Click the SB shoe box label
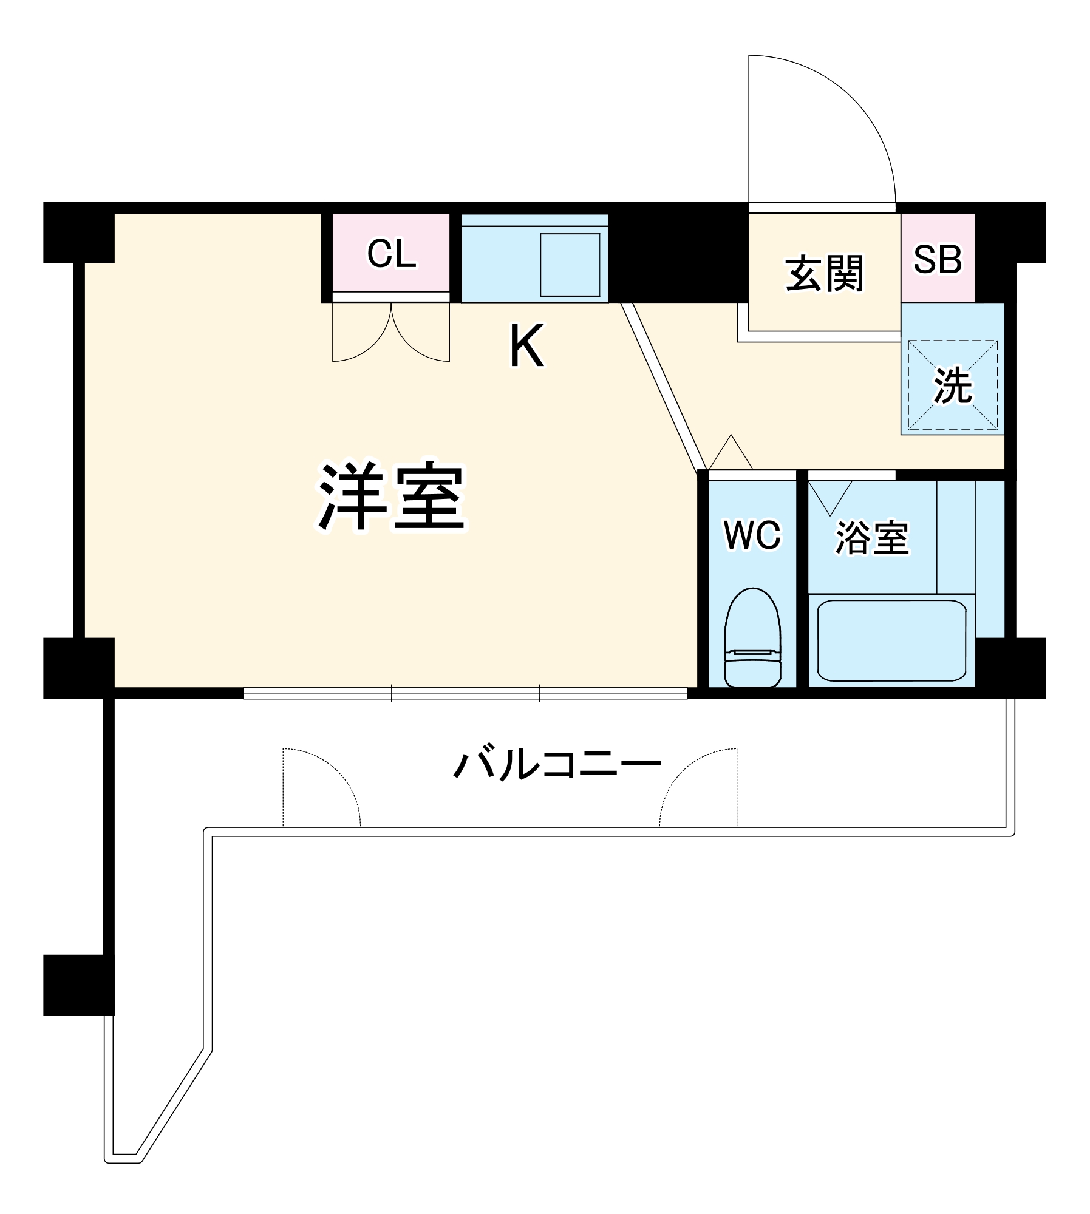click(x=937, y=260)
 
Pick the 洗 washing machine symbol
click(x=952, y=385)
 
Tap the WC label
click(x=752, y=535)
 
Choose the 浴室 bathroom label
click(x=872, y=537)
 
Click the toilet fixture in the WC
click(x=752, y=638)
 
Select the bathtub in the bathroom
click(x=891, y=640)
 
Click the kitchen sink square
click(x=570, y=265)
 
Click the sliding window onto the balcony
click(x=465, y=693)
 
